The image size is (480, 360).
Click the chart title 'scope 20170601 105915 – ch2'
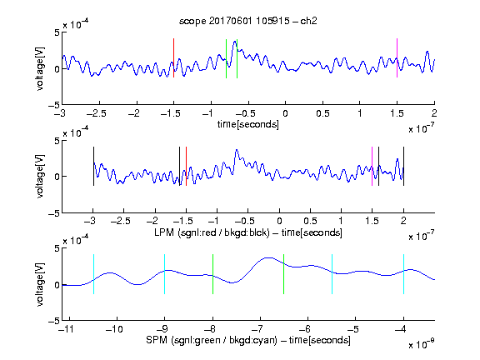tap(248, 21)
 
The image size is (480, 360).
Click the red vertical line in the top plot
tap(173, 57)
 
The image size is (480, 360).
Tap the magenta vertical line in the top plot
tap(397, 57)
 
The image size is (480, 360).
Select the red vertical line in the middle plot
tap(186, 166)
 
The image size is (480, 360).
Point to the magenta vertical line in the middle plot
tap(372, 166)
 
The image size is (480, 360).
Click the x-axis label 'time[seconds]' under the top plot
tap(248, 124)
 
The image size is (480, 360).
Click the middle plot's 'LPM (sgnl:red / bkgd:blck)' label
tap(212, 232)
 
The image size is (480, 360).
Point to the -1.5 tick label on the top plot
tap(171, 113)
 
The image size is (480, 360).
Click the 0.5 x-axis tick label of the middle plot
tap(310, 221)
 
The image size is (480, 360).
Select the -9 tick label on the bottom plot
tap(164, 329)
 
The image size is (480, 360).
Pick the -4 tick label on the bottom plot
tap(403, 329)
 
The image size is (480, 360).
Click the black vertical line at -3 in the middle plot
tap(93, 166)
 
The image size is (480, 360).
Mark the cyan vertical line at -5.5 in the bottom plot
tap(332, 274)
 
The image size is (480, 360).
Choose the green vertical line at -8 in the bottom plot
tap(212, 274)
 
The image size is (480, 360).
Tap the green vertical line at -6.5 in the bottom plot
tap(284, 274)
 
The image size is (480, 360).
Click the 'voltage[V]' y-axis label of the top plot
tap(40, 68)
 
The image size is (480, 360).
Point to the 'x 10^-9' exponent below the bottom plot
tap(421, 344)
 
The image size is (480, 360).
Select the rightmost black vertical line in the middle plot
tap(403, 166)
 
